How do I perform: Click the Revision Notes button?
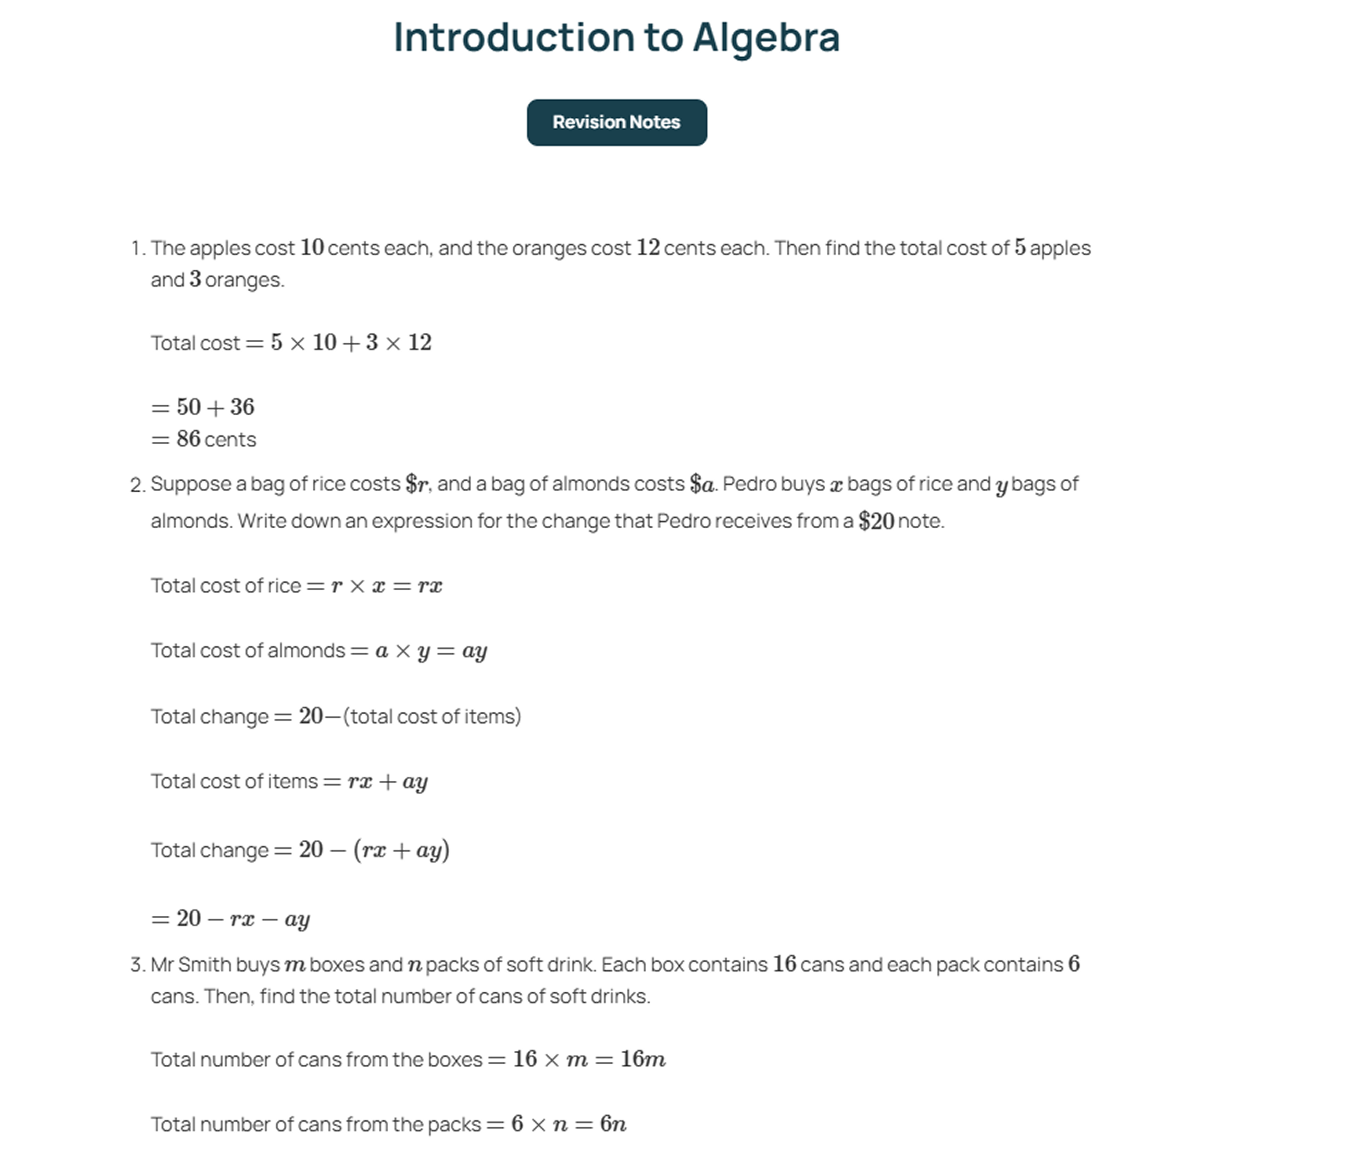click(616, 123)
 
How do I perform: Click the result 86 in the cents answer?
click(188, 439)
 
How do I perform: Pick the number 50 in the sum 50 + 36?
click(188, 408)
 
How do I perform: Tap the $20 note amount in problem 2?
click(875, 522)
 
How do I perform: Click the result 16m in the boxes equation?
click(642, 1060)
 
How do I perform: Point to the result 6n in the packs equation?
click(613, 1125)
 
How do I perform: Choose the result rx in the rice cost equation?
click(430, 586)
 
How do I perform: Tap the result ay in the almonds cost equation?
click(474, 652)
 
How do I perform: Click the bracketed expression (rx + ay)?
click(401, 851)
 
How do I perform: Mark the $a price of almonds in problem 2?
click(701, 485)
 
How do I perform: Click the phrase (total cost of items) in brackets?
click(432, 717)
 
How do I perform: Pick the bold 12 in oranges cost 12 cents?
click(648, 248)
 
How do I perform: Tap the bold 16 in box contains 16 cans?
click(784, 965)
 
